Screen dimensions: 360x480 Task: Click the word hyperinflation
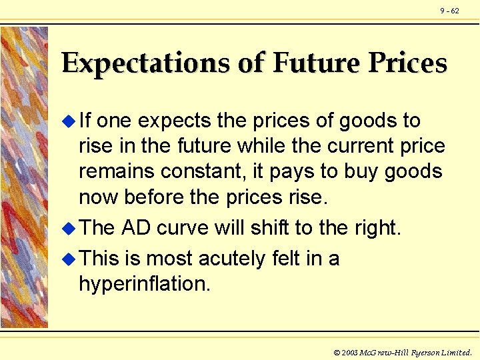click(x=144, y=285)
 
